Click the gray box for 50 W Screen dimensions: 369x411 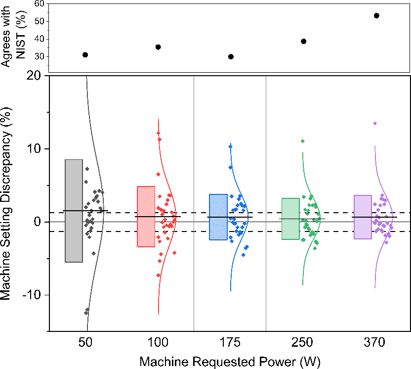tap(74, 211)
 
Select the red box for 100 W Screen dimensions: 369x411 tap(146, 216)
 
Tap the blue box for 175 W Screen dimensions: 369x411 tap(218, 217)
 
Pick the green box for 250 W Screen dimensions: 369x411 tap(290, 219)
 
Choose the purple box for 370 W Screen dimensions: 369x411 tap(363, 217)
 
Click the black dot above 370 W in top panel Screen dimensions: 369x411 tap(376, 15)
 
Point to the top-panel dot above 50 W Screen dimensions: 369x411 tap(85, 54)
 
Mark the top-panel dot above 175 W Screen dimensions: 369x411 tap(231, 57)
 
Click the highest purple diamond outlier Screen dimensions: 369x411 tap(375, 123)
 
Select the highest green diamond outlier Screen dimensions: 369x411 tap(303, 141)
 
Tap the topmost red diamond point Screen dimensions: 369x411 tap(158, 133)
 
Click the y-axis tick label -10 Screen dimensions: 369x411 tap(33, 295)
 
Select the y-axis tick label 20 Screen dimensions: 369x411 tap(37, 76)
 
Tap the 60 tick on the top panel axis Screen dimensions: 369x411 tap(39, 3)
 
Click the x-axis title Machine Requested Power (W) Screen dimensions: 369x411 tap(231, 361)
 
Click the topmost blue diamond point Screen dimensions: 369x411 tap(230, 146)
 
